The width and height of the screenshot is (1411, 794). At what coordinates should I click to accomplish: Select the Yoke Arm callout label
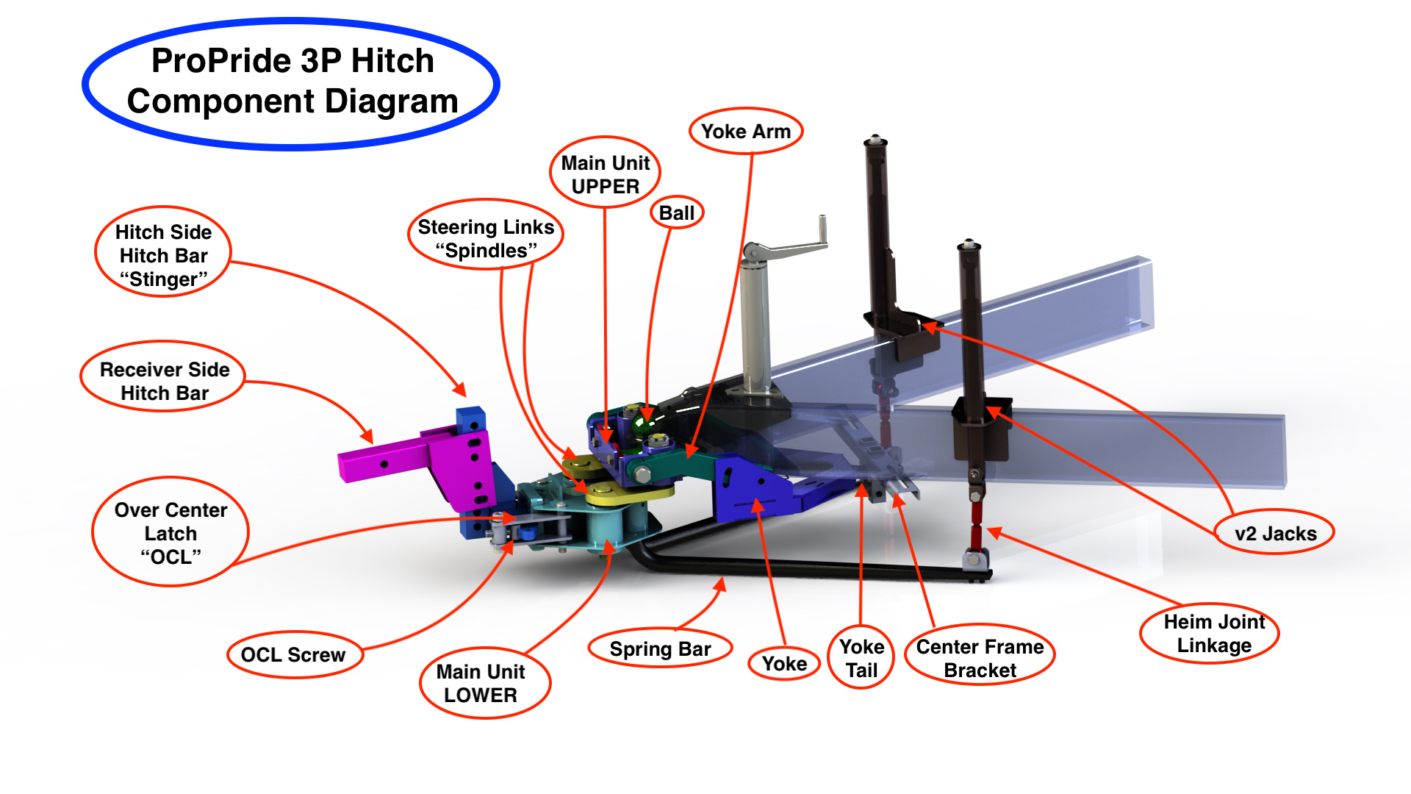pos(746,132)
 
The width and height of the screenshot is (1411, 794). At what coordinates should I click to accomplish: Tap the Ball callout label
pos(677,213)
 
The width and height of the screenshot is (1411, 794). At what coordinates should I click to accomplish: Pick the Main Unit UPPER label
pos(606,174)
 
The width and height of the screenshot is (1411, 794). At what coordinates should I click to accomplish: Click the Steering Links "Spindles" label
pos(486,238)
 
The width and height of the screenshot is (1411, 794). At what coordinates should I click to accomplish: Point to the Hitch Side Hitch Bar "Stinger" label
pos(163,255)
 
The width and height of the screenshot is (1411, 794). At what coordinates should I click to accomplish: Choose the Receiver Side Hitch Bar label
pos(165,381)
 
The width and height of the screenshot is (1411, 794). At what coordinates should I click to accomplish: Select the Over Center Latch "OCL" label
pos(170,533)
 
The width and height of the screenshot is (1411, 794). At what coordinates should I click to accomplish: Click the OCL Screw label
pos(293,654)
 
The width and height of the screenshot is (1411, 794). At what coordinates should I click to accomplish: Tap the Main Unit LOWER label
pos(481,683)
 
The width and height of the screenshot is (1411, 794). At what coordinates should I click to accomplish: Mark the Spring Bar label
pos(661,649)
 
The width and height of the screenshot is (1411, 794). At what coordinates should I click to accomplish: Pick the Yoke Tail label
pos(861,658)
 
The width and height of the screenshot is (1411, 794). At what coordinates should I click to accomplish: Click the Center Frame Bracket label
pos(980,658)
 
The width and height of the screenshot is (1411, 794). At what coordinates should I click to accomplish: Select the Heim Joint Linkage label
pos(1214,633)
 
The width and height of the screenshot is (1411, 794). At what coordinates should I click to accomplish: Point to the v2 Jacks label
pos(1275,533)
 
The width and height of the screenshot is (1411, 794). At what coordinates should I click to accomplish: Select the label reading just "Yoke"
pos(784,664)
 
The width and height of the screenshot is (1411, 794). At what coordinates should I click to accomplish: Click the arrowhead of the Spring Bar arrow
pos(721,584)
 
